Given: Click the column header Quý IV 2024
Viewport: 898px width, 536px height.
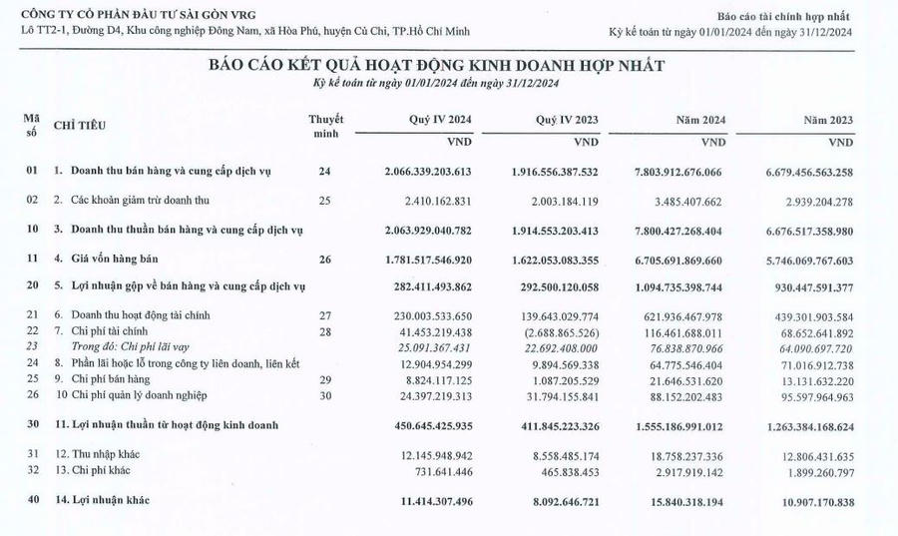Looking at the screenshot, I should (x=440, y=119).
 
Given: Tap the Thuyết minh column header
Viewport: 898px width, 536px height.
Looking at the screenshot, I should (x=324, y=125).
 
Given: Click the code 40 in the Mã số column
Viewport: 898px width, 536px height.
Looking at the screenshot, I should (x=32, y=497).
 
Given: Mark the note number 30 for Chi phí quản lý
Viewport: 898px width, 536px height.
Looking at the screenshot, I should (x=323, y=394).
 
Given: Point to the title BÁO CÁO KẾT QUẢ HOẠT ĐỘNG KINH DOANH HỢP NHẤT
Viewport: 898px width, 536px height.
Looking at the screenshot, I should (x=436, y=65).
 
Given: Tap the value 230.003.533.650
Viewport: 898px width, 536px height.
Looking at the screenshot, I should (x=442, y=314).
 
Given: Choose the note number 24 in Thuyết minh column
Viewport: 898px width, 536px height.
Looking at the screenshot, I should (x=323, y=172).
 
